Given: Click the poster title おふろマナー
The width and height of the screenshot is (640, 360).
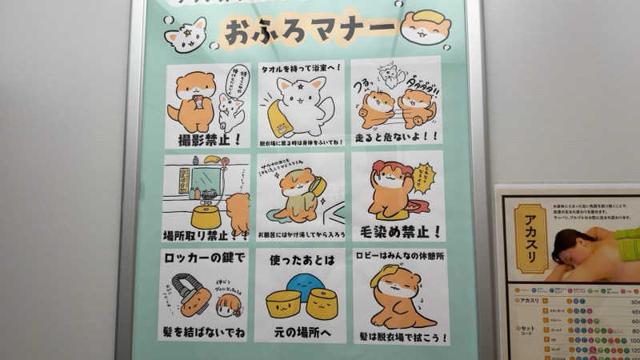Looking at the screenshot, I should coord(310,31).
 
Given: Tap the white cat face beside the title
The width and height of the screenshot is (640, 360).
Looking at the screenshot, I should coord(186,34).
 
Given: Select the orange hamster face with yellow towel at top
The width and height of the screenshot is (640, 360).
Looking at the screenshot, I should coord(426,27).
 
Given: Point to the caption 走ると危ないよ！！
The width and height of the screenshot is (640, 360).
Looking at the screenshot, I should coord(396,137).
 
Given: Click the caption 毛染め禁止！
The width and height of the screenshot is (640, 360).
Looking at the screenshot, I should coord(398,232).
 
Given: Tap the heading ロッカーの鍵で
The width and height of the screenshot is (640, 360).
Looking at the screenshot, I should coord(203,259).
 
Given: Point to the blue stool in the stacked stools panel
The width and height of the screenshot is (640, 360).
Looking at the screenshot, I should coord(306,286).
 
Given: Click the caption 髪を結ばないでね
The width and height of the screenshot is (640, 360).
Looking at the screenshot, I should coord(203,331).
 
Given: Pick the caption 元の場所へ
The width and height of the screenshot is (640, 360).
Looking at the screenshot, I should coord(300,331).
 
